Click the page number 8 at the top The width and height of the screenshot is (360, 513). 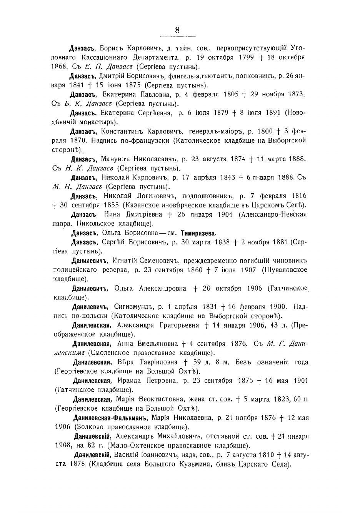(177, 30)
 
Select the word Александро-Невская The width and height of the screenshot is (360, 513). (272, 214)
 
